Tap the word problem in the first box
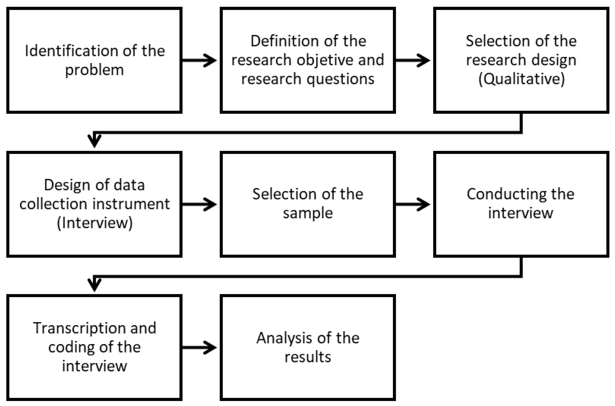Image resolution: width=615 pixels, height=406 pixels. click(x=94, y=70)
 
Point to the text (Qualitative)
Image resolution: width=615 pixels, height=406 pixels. click(x=521, y=79)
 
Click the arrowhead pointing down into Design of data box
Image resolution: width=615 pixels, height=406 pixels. click(x=94, y=141)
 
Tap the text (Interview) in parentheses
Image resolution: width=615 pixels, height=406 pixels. click(x=94, y=223)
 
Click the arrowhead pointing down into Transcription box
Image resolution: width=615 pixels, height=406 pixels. click(x=94, y=285)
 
